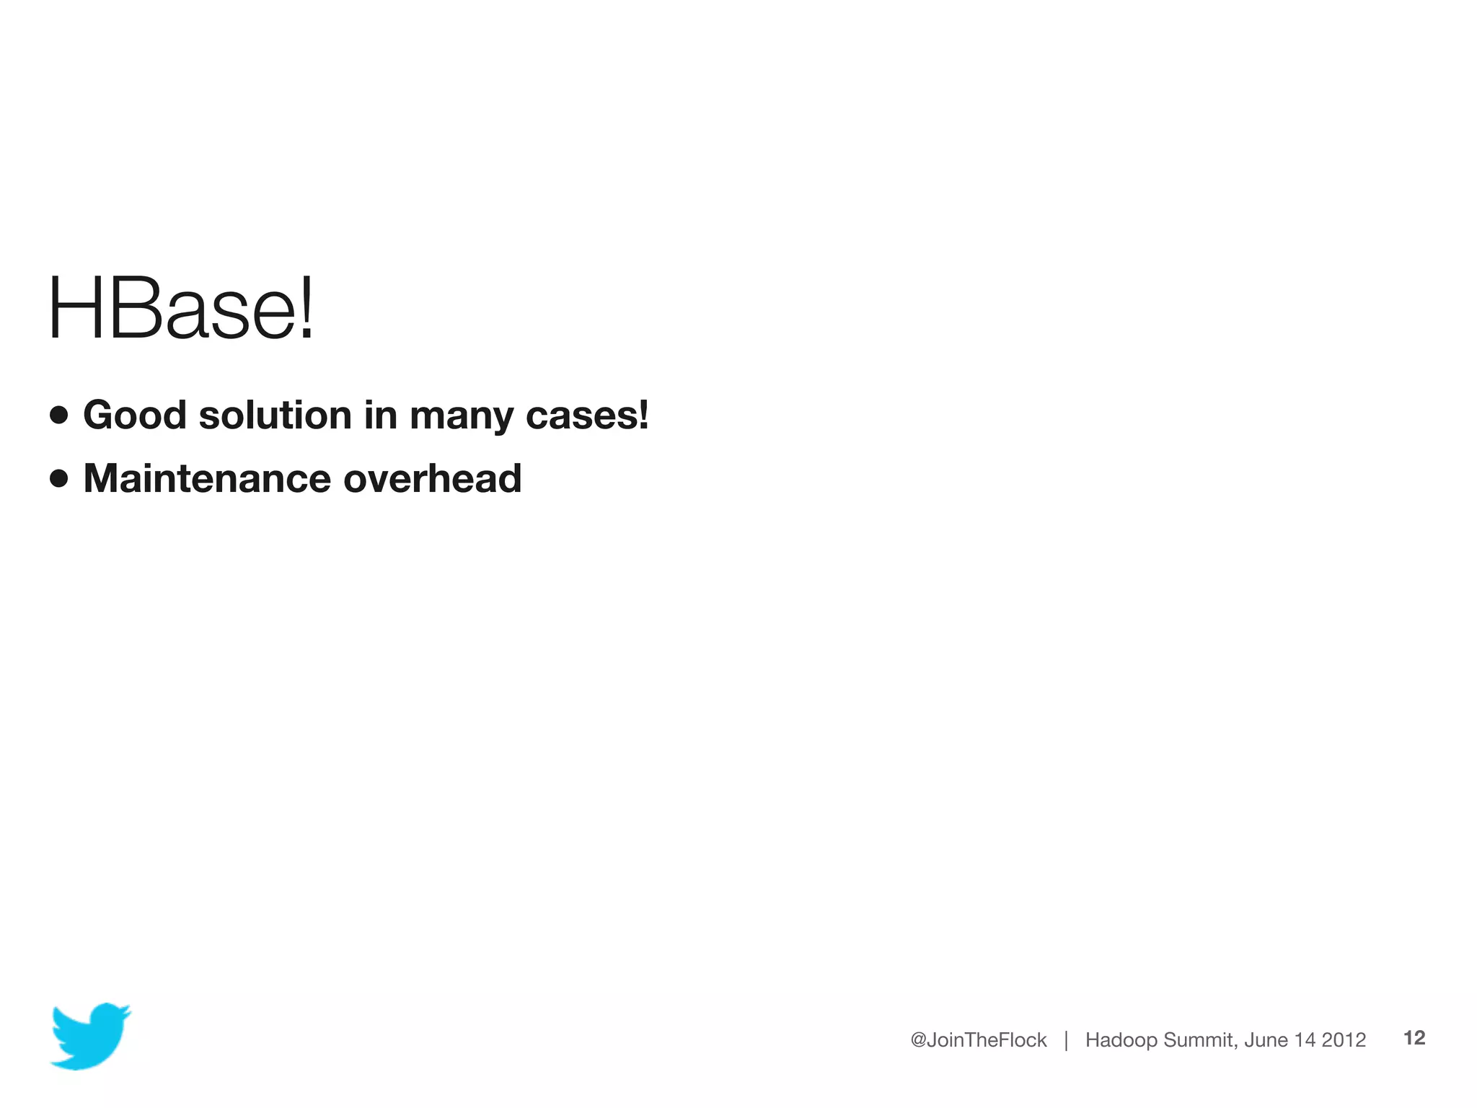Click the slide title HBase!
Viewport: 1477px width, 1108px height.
181,309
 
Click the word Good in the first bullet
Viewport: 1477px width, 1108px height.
135,415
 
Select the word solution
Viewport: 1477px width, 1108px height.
275,415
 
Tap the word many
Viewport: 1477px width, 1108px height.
462,417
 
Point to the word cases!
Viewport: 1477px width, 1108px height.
587,415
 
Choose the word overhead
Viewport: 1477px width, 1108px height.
432,478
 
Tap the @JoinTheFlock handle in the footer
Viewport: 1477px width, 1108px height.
978,1040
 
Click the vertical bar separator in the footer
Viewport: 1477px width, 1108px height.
1066,1040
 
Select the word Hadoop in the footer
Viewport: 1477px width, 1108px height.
1121,1040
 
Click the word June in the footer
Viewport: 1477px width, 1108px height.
1266,1040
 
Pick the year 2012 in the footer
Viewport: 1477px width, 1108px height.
1344,1040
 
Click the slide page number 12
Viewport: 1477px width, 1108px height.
1414,1038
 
